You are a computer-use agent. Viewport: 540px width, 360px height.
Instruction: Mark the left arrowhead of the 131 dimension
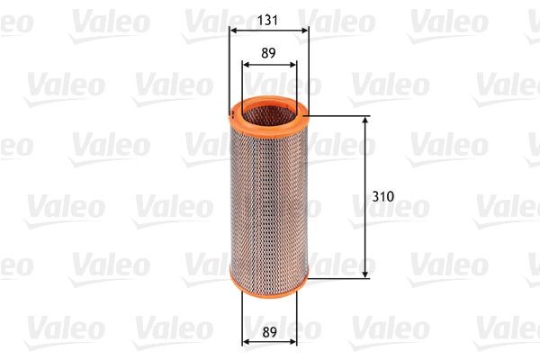[234, 30]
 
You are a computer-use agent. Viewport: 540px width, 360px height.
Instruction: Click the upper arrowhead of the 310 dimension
[366, 121]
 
